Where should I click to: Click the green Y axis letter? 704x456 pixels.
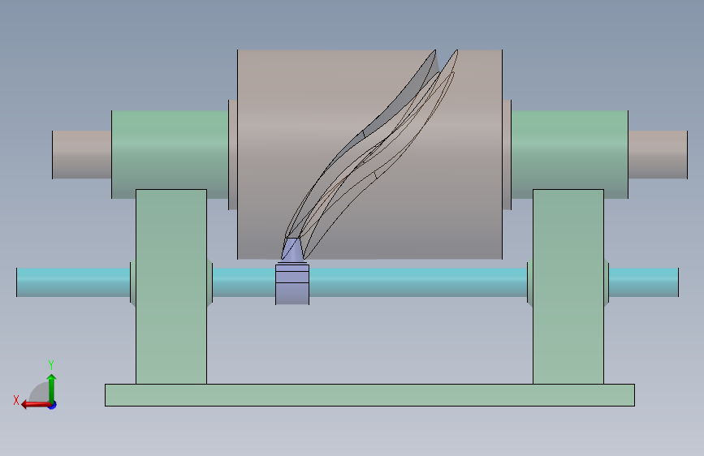click(x=51, y=364)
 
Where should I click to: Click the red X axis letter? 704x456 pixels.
click(x=16, y=400)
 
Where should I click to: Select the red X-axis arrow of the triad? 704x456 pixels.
click(x=36, y=405)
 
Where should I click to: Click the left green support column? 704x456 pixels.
click(x=171, y=286)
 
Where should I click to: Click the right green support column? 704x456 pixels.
click(x=568, y=286)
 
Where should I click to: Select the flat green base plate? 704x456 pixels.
click(x=369, y=395)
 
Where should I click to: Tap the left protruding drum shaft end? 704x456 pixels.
click(x=82, y=155)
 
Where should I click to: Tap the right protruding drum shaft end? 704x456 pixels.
click(x=658, y=155)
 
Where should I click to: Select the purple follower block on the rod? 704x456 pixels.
click(x=292, y=285)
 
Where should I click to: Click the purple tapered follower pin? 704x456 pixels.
click(x=292, y=248)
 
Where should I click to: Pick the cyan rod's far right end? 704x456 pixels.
click(x=677, y=282)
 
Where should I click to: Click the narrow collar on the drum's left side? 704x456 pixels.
click(x=232, y=155)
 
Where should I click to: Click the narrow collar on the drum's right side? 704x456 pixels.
click(x=507, y=155)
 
